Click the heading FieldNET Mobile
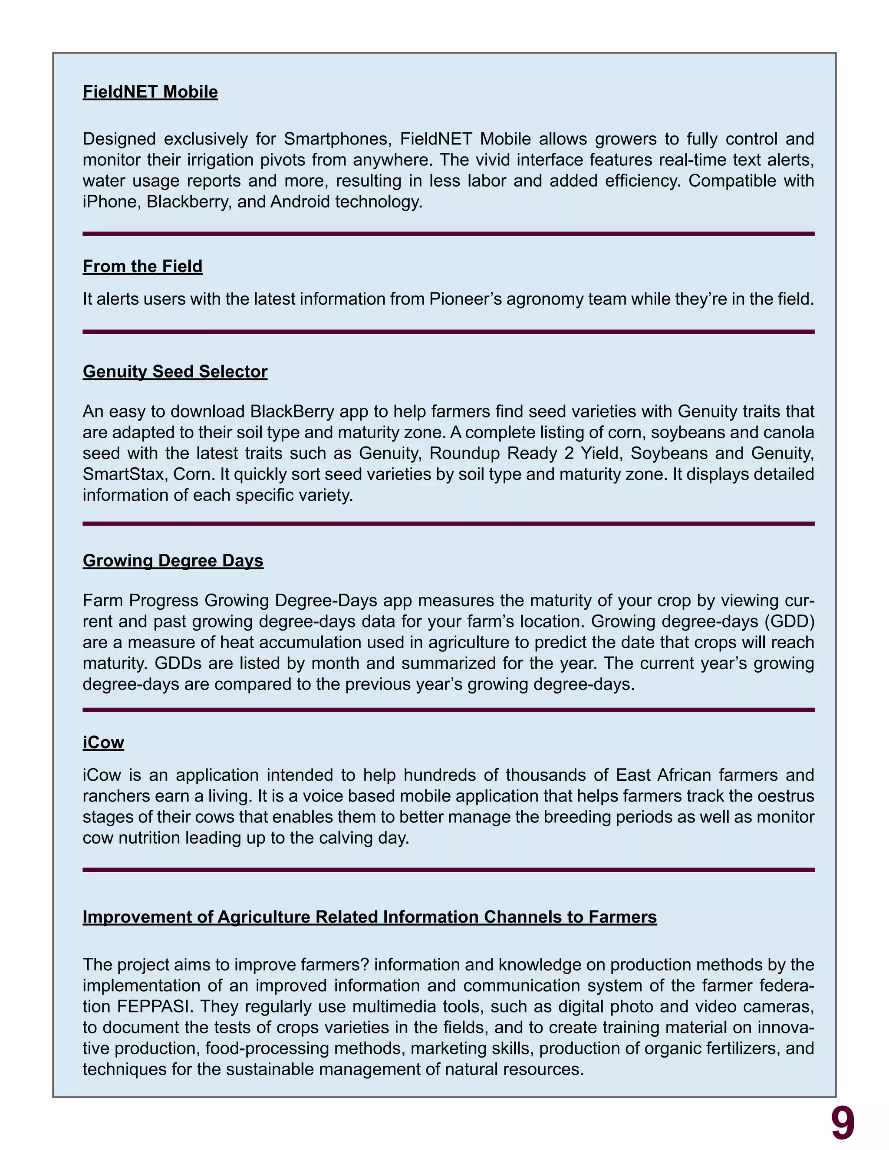(x=150, y=92)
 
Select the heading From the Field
(x=142, y=266)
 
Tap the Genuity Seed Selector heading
(x=175, y=372)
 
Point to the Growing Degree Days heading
(x=173, y=560)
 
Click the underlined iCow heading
(x=103, y=743)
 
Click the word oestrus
(x=786, y=796)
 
